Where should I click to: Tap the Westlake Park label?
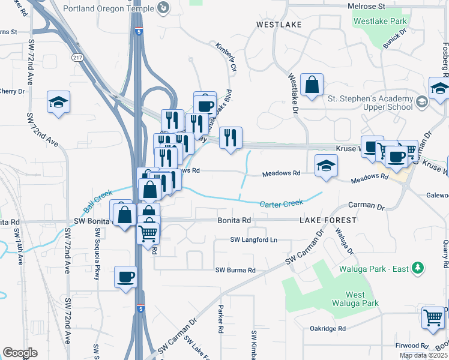coord(381,21)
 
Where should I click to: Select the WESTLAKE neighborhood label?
coord(277,25)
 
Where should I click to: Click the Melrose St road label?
coord(366,6)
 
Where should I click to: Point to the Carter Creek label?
coord(282,204)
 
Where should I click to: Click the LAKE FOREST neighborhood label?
coord(328,220)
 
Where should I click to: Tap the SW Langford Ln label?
coord(254,240)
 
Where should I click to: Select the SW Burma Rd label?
coord(235,270)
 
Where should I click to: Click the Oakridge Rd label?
coord(328,329)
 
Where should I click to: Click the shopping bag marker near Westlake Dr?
coord(312,85)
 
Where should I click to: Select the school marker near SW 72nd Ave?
coord(59,102)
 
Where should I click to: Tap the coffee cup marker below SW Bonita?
coord(126,277)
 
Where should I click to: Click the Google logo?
coord(20,353)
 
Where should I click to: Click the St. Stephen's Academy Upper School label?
coord(370,103)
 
